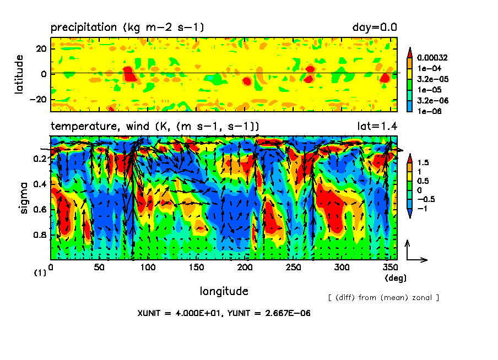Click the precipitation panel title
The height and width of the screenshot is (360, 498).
(x=128, y=27)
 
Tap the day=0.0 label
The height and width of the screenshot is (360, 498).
(x=375, y=27)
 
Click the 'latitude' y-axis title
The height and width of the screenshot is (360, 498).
(x=20, y=74)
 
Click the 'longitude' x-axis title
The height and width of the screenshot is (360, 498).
(x=224, y=291)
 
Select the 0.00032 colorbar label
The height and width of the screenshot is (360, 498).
(x=434, y=57)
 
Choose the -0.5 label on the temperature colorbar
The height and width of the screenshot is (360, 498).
(x=425, y=199)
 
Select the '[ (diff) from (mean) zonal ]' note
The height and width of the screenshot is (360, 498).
(x=383, y=298)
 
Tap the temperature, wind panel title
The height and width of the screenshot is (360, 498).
(x=155, y=126)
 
